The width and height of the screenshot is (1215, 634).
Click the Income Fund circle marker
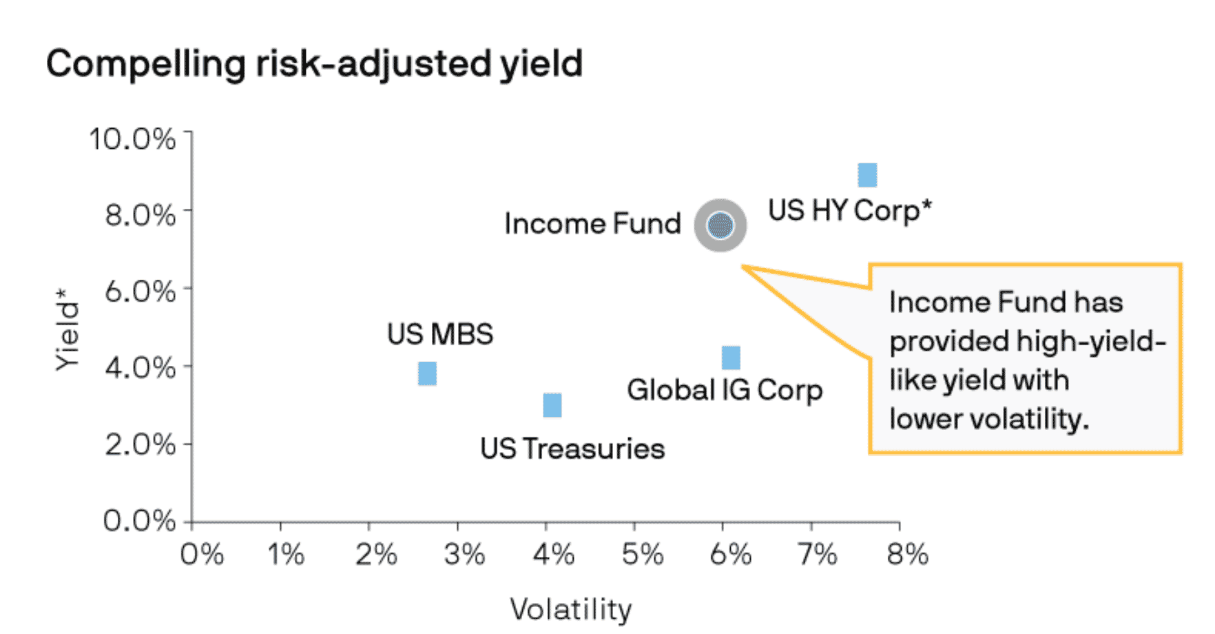pos(720,225)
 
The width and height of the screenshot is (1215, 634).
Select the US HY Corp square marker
pos(867,175)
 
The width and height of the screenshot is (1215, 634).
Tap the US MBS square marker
pos(427,374)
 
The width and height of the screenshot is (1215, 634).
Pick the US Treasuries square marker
pos(552,405)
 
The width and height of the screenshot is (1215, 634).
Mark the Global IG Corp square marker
pos(731,358)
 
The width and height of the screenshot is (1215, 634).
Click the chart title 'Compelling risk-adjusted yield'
pos(314,64)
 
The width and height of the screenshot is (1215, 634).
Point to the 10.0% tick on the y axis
pos(133,139)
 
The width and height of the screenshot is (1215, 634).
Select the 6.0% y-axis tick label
pos(141,292)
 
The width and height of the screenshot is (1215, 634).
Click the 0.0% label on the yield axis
pos(140,520)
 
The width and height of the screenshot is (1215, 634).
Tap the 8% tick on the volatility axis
pos(907,554)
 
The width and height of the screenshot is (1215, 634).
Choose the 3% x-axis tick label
pos(464,554)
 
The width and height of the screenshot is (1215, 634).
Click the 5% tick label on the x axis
pos(642,554)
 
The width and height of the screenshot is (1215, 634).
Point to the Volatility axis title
pos(570,609)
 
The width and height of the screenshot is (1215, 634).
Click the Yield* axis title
pos(67,330)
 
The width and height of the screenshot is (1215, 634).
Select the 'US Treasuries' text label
pos(572,449)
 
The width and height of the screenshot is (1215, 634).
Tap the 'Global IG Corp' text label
pos(725,390)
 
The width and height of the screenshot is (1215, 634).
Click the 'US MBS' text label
pos(440,334)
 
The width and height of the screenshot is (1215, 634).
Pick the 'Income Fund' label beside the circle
pos(592,224)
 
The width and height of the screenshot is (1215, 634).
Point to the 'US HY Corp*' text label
pos(849,210)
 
